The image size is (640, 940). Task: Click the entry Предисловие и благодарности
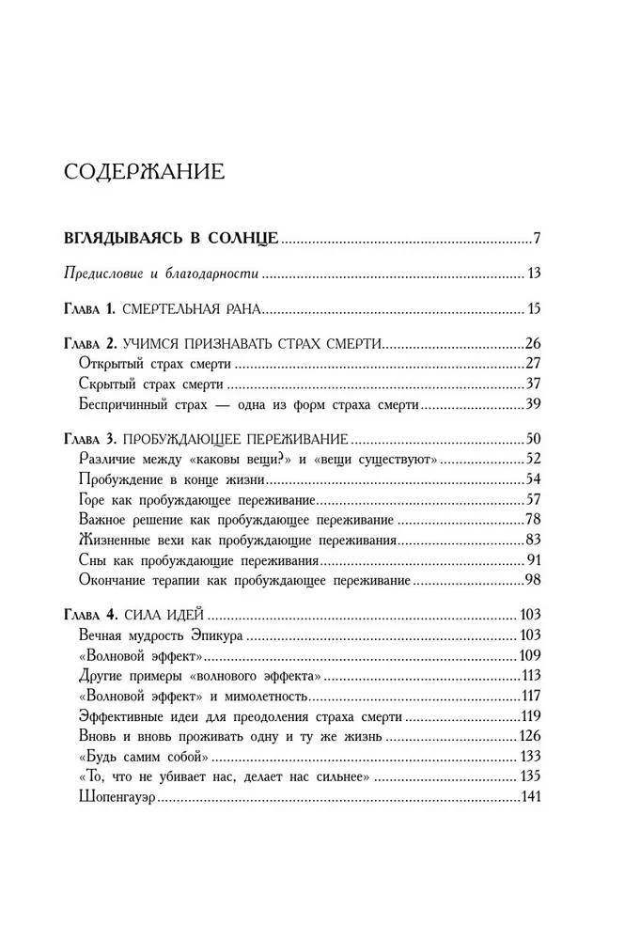point(161,274)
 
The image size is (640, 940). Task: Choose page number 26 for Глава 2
point(530,344)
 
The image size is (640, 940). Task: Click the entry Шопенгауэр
point(117,797)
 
